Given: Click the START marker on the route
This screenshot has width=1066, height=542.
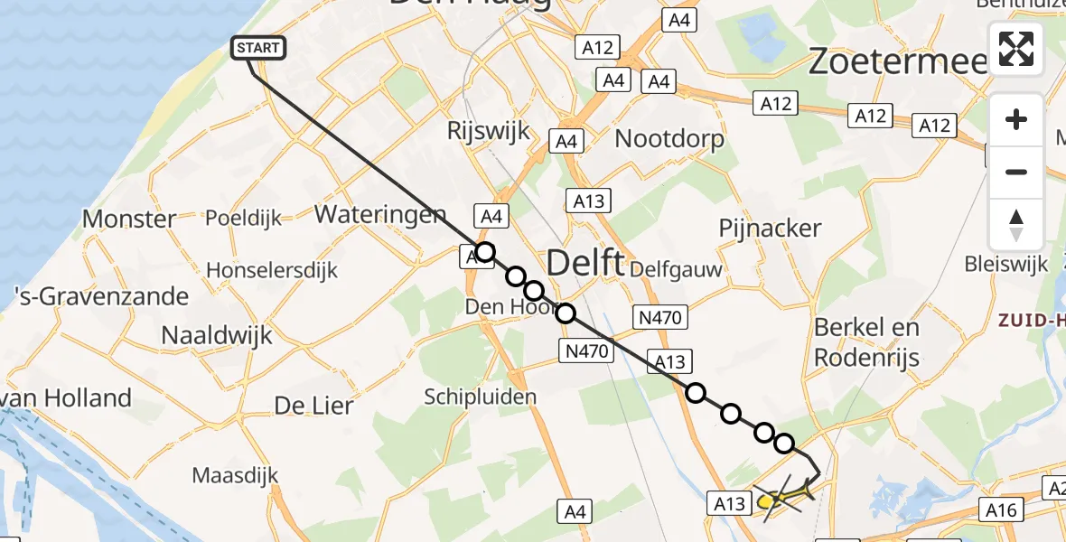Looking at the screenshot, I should (260, 48).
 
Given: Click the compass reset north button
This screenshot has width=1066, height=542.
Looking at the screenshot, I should (1016, 225).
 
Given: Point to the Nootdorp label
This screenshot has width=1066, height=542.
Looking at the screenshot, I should (669, 139).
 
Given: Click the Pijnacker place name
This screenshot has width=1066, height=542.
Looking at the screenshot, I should (771, 229).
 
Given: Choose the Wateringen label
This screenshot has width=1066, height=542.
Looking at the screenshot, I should (380, 215).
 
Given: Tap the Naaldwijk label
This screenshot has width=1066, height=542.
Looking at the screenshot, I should (216, 335).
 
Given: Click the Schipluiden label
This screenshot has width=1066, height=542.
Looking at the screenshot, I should (481, 397).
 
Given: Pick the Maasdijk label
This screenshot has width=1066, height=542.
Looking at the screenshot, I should (235, 475).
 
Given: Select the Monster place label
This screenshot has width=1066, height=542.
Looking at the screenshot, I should (129, 219).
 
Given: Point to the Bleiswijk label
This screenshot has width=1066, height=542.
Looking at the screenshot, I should (1006, 265).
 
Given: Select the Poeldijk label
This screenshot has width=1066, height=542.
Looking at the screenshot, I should (243, 219).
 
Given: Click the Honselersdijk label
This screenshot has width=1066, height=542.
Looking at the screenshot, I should (272, 270).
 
